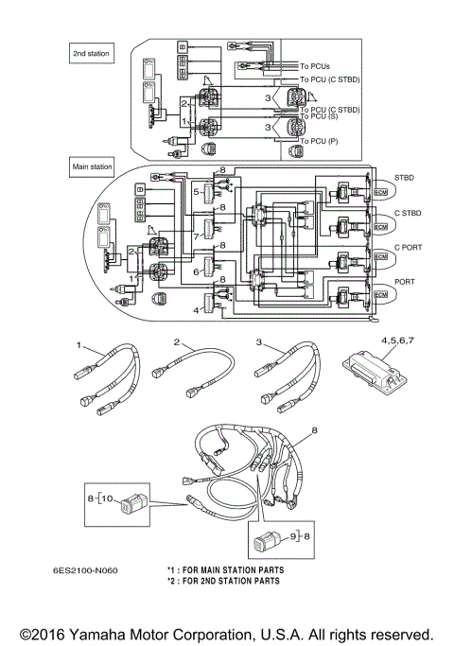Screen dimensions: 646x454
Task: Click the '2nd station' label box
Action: (x=92, y=54)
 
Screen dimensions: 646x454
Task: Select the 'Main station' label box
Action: (x=93, y=166)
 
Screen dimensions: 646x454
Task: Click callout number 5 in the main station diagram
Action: (x=198, y=192)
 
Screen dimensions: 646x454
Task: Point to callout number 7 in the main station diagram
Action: (x=197, y=236)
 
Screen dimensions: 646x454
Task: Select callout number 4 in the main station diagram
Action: (x=198, y=309)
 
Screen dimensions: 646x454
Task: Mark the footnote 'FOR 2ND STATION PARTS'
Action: (x=230, y=581)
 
